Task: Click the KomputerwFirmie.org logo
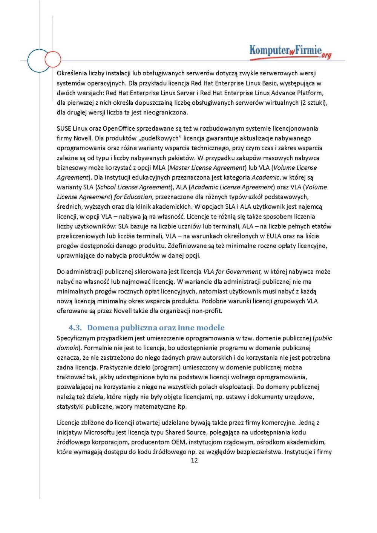[290, 52]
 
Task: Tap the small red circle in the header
[53, 59]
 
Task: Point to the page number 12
[194, 460]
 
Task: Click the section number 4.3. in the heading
[75, 328]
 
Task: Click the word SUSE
[64, 128]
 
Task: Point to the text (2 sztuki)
[314, 103]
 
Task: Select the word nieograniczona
[166, 113]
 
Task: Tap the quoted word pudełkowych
[161, 138]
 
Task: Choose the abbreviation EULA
[274, 236]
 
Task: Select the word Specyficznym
[76, 338]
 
